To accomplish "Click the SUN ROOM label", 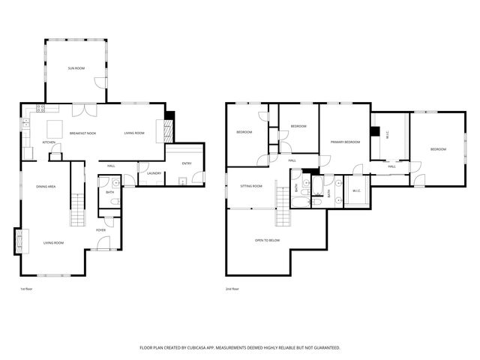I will [76, 68].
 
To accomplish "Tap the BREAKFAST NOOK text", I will [82, 133].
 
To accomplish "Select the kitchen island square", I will [55, 127].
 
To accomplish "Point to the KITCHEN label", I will [49, 142].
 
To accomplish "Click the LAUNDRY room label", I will [154, 173].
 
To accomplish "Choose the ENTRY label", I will [186, 163].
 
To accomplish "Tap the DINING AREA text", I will [47, 186].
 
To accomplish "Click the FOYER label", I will [100, 231].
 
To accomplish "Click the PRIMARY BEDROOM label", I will [346, 142].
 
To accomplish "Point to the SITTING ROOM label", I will [250, 186].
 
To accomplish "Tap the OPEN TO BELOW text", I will [267, 240].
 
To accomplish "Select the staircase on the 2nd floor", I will [282, 196].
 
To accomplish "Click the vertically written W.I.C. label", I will [388, 135].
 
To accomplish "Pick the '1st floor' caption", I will [26, 289].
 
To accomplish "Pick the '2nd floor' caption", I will [232, 289].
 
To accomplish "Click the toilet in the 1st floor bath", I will [115, 183].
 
